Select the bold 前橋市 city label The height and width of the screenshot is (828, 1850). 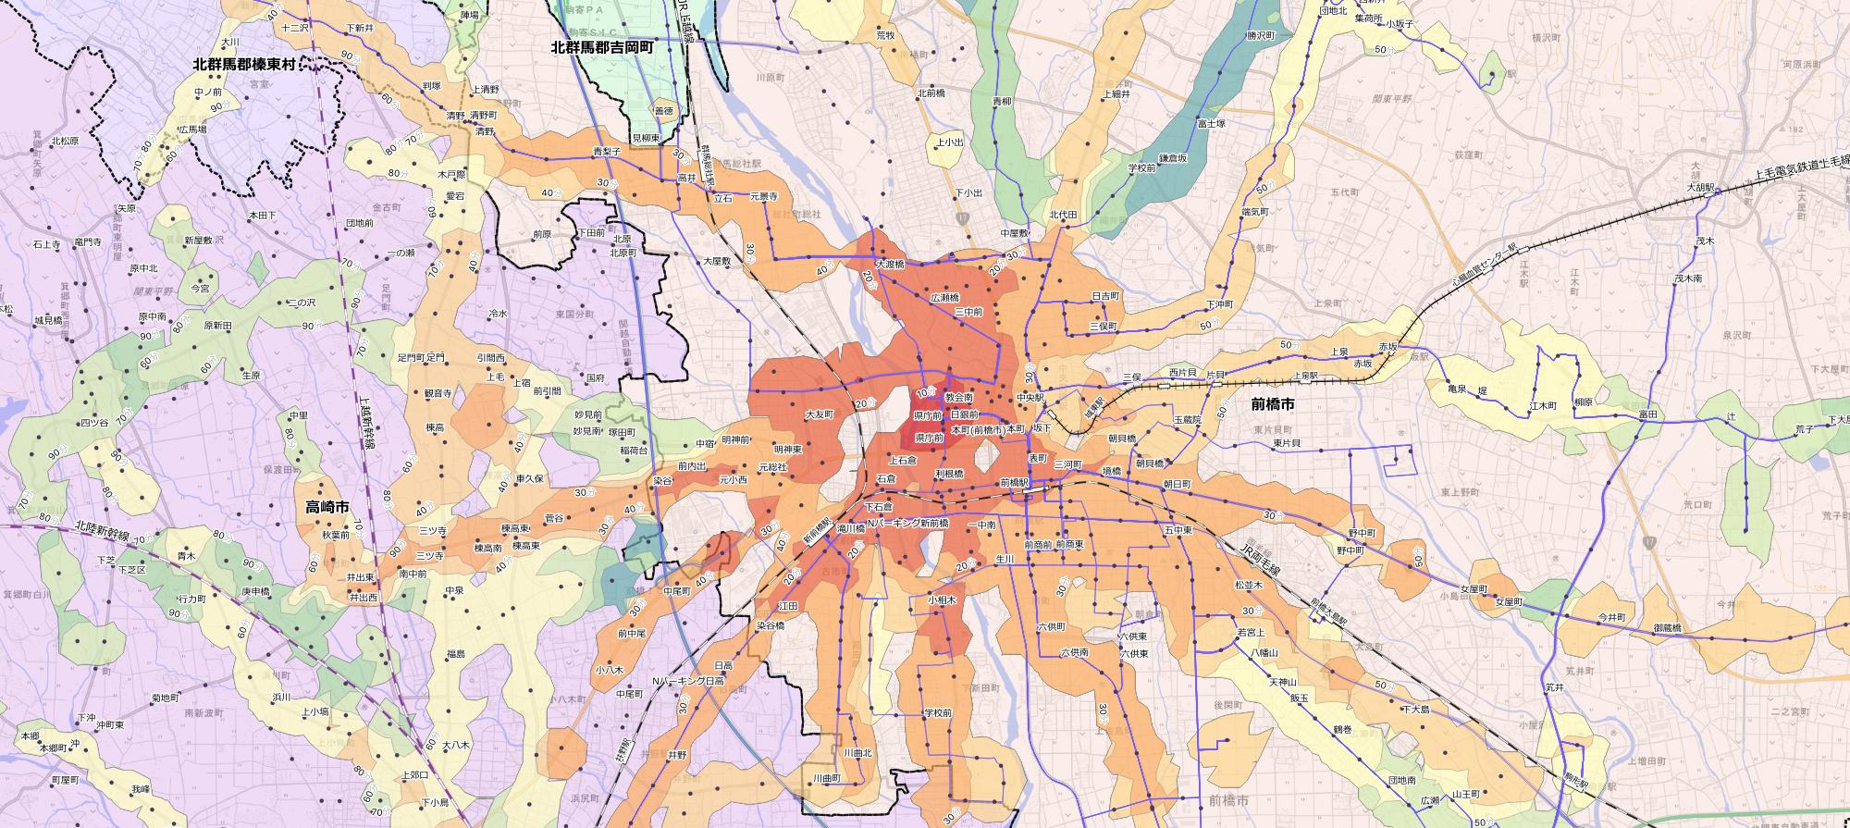click(x=1272, y=404)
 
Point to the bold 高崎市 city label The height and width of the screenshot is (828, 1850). click(x=327, y=507)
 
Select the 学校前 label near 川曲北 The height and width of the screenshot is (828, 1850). click(x=937, y=713)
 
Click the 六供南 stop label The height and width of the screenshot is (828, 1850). click(x=1074, y=653)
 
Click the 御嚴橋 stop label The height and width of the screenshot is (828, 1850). click(x=1668, y=629)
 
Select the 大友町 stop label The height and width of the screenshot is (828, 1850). click(x=820, y=414)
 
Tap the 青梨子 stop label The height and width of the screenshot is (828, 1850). click(x=607, y=150)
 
